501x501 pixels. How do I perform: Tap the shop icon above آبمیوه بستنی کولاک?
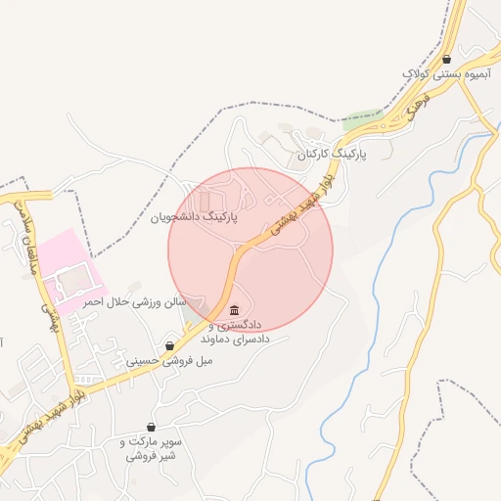pyautogui.click(x=447, y=60)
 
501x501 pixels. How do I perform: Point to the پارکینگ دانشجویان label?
pyautogui.click(x=195, y=216)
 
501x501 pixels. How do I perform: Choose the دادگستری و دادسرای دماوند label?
pyautogui.click(x=235, y=331)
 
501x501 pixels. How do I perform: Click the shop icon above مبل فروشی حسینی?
pyautogui.click(x=171, y=345)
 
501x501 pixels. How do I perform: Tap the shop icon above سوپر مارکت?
pyautogui.click(x=151, y=427)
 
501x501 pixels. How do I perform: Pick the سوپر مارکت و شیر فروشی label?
pyautogui.click(x=151, y=449)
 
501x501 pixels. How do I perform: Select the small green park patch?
pyautogui.click(x=362, y=117)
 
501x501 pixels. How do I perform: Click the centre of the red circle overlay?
pyautogui.click(x=250, y=250)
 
